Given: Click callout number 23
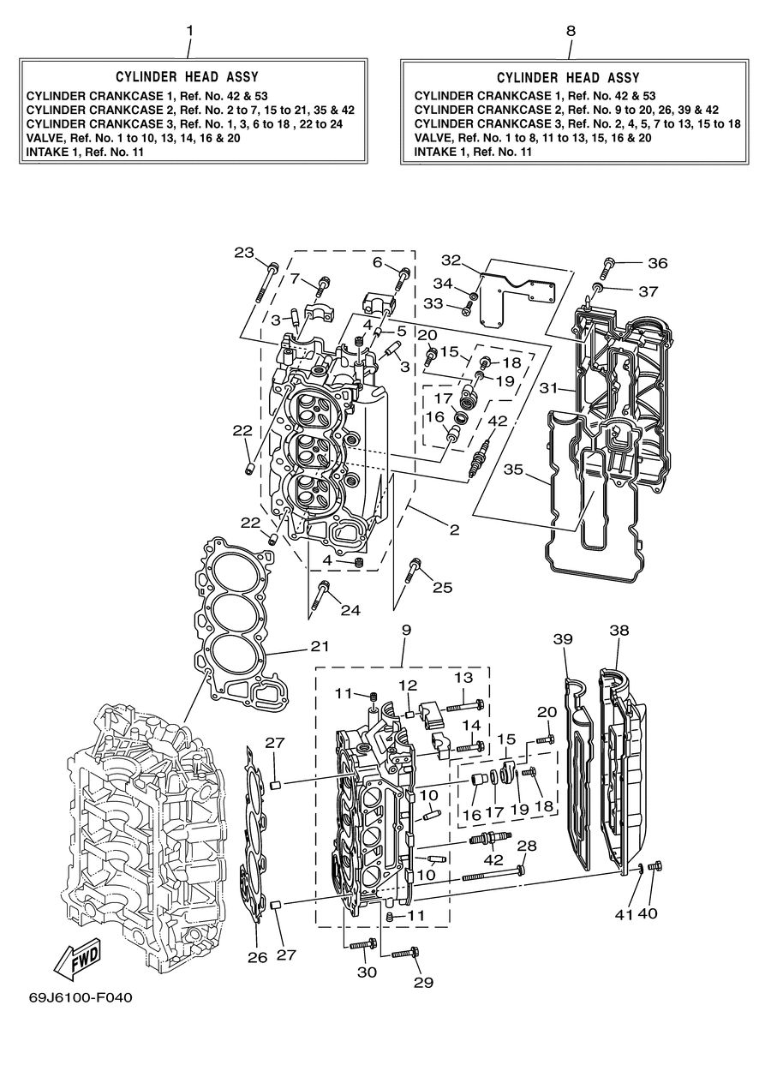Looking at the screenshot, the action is click(244, 253).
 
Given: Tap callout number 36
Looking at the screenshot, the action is click(658, 263).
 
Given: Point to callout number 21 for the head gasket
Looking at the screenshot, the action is click(320, 646).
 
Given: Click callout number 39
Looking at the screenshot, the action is click(563, 638).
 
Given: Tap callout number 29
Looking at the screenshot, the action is click(423, 982).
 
